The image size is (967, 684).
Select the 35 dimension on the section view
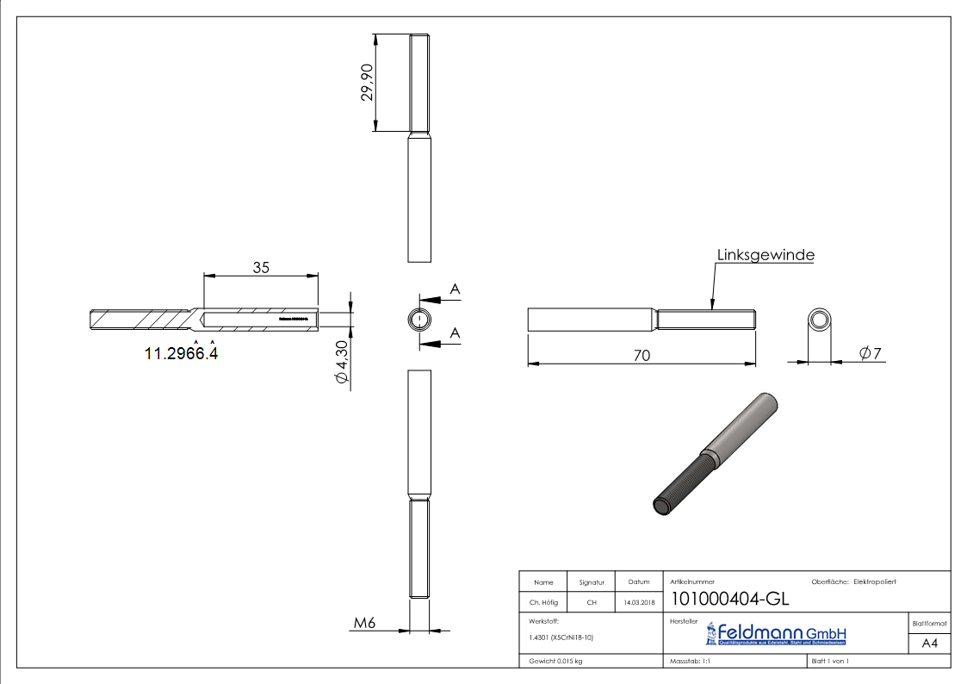[x=261, y=267]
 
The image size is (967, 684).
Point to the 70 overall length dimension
[x=641, y=354]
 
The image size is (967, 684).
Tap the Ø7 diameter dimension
[x=870, y=352]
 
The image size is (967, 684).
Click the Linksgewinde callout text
[x=766, y=255]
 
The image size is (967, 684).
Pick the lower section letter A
[x=455, y=333]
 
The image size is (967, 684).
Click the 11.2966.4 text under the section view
[x=181, y=352]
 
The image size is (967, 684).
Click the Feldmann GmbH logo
[x=777, y=634]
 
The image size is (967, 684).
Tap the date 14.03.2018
[x=638, y=602]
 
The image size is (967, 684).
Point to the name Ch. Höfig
[x=543, y=602]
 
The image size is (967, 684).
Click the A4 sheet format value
[x=929, y=644]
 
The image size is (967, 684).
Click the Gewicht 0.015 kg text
[x=556, y=661]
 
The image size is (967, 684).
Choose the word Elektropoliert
[x=875, y=582]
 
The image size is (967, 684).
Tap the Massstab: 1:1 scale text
[x=689, y=661]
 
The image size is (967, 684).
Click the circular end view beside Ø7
[x=820, y=321]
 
